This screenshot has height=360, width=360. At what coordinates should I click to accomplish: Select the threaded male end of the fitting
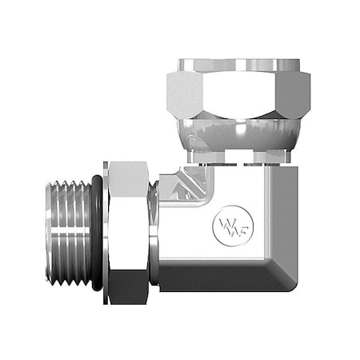[x=69, y=231]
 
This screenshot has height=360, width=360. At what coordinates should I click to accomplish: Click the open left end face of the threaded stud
[x=48, y=231]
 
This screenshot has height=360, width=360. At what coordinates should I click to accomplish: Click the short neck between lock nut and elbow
[x=154, y=232]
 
